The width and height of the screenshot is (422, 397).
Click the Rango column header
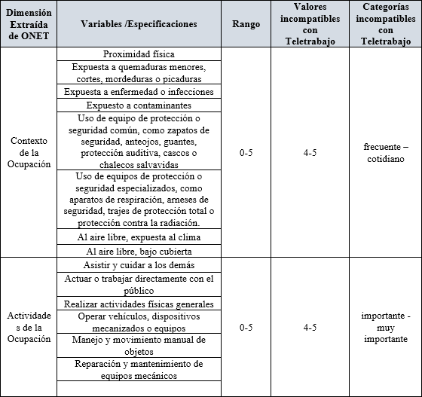coord(246,24)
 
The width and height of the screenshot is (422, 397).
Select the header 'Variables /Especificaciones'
coord(139,24)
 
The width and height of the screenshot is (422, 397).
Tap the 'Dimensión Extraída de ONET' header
coord(28,24)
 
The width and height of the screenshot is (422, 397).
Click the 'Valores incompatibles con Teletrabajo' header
coord(304,24)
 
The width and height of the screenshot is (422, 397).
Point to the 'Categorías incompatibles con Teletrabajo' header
coord(385,24)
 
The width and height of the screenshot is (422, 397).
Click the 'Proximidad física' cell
coord(139,54)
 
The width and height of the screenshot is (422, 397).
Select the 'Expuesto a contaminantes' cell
coord(139,105)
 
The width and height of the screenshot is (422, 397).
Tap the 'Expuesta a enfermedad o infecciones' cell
coord(139,92)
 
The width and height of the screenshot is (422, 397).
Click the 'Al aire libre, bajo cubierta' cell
coord(139,251)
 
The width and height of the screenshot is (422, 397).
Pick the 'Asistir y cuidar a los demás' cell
coord(139,265)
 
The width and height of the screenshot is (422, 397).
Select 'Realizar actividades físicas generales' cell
coord(139,304)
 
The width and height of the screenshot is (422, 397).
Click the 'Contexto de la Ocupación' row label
coord(28,153)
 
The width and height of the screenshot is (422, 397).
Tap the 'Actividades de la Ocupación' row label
coord(28,328)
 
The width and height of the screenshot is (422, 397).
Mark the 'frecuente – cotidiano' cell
coord(385,153)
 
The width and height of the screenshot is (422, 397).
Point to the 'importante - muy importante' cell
coord(385,328)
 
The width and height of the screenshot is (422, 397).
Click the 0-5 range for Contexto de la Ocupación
coord(246,153)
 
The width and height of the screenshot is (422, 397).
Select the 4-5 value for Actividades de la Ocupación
coord(304,328)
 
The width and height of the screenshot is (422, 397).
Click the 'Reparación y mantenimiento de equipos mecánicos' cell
coord(139,370)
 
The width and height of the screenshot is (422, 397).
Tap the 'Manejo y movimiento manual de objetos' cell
coord(139,346)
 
